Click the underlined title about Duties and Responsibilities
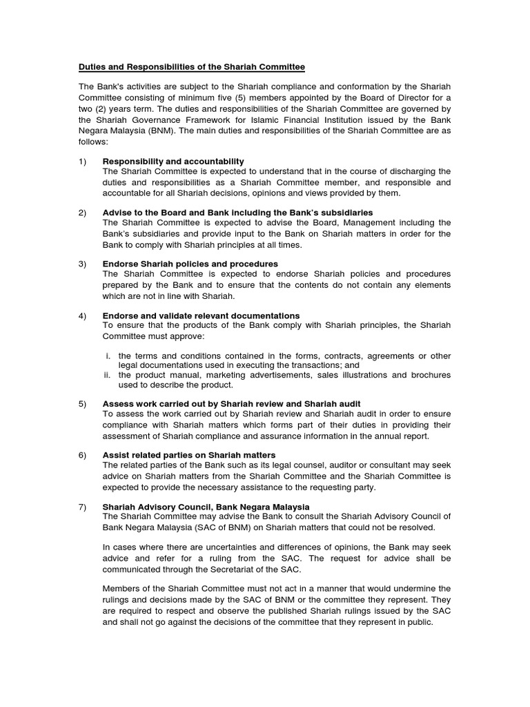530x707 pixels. click(191, 67)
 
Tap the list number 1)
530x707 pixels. click(83, 161)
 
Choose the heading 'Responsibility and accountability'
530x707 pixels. click(173, 161)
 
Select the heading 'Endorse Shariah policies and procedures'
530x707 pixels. click(190, 264)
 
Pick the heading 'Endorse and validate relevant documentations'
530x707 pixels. click(201, 316)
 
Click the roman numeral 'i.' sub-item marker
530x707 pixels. click(108, 356)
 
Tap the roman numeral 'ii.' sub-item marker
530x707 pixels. click(108, 375)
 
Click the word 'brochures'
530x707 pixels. click(428, 375)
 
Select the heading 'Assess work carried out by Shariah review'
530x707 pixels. click(231, 403)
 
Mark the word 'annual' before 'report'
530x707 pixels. click(377, 436)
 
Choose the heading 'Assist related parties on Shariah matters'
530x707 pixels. click(188, 455)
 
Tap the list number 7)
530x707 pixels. click(83, 507)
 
